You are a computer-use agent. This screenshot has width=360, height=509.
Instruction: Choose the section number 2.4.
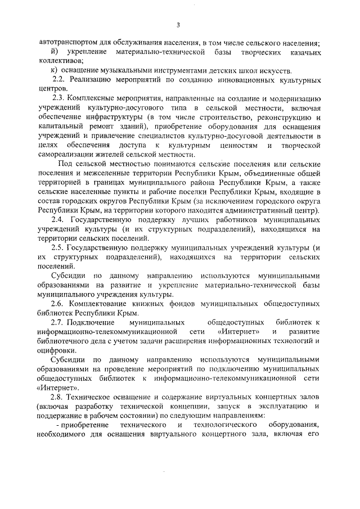point(59,220)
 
